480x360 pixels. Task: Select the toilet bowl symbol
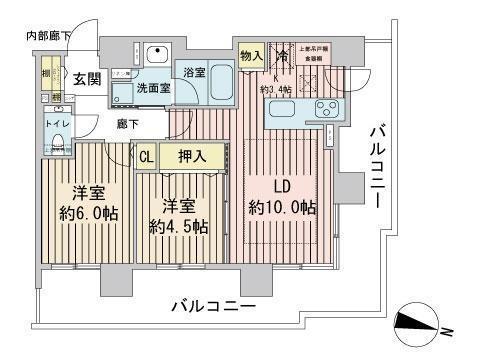point(56,143)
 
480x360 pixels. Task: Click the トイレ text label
point(57,125)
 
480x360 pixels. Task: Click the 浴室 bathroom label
point(194,71)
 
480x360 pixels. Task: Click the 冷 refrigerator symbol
point(283,57)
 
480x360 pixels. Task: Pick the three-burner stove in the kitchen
point(328,108)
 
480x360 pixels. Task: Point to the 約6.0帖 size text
point(86,215)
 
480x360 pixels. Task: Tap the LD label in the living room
point(283,185)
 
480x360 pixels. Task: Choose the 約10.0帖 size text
point(283,208)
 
